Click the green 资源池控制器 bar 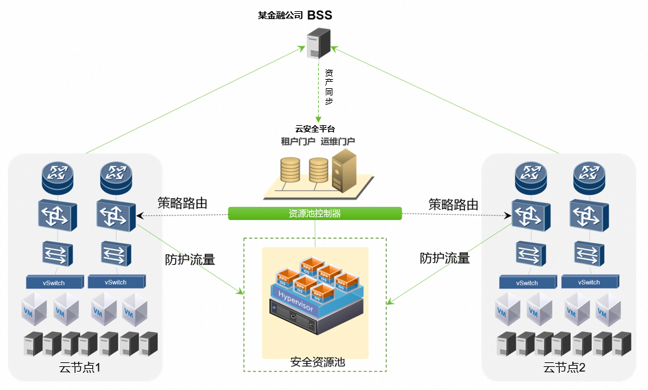(315, 213)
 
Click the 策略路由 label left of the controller (182, 204)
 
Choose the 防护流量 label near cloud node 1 (190, 260)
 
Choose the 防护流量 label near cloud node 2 (445, 258)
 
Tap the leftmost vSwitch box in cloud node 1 (57, 282)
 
